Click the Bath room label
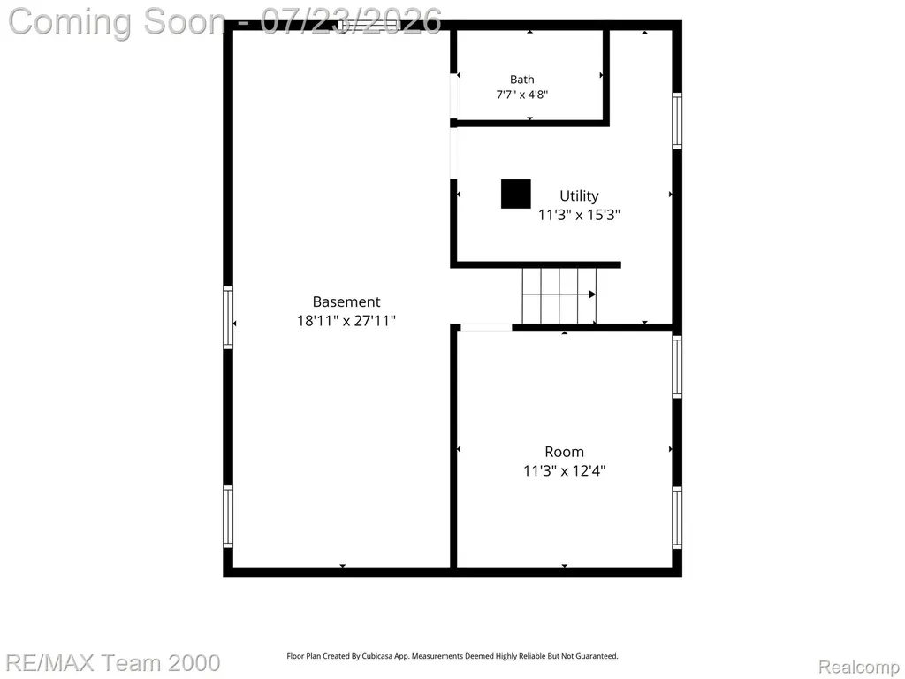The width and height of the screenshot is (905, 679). pyautogui.click(x=521, y=80)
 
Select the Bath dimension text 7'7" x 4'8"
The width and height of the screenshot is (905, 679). pyautogui.click(x=521, y=95)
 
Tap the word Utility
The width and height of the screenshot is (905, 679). pyautogui.click(x=579, y=196)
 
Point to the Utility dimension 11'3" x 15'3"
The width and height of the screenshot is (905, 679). pyautogui.click(x=579, y=215)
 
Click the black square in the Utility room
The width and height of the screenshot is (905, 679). pyautogui.click(x=515, y=194)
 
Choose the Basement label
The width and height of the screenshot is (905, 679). pyautogui.click(x=346, y=301)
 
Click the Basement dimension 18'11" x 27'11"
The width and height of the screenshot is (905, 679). pyautogui.click(x=346, y=320)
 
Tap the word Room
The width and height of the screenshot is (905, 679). pyautogui.click(x=564, y=452)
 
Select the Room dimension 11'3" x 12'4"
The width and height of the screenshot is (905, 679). pyautogui.click(x=564, y=470)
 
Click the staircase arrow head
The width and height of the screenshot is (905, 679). pyautogui.click(x=592, y=294)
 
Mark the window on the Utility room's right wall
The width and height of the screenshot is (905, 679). pyautogui.click(x=677, y=120)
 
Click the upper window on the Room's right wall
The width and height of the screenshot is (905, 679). pyautogui.click(x=677, y=367)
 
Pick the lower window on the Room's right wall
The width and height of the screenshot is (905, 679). pyautogui.click(x=677, y=518)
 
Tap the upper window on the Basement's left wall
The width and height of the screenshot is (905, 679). pyautogui.click(x=228, y=317)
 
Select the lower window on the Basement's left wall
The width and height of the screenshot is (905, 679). pyautogui.click(x=228, y=516)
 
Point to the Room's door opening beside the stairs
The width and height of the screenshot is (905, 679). pyautogui.click(x=486, y=327)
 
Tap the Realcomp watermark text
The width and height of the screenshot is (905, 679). pyautogui.click(x=859, y=667)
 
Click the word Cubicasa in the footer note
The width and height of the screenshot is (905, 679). pyautogui.click(x=377, y=656)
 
